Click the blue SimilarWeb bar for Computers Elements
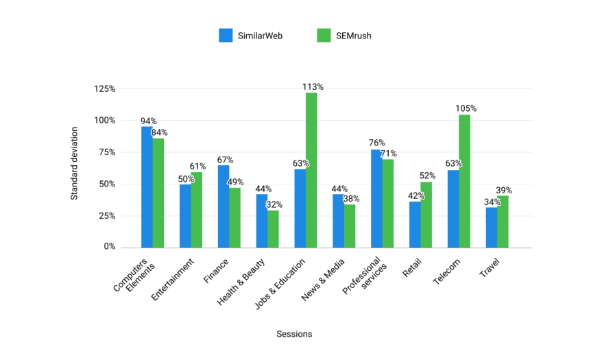click(x=147, y=187)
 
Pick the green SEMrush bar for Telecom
click(x=464, y=181)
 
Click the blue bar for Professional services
click(x=376, y=198)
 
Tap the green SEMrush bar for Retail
click(x=426, y=215)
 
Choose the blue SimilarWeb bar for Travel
click(x=491, y=227)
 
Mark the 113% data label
click(x=313, y=87)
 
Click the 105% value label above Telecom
click(x=466, y=108)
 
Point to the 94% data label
click(x=148, y=121)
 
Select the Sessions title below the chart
click(x=294, y=334)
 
